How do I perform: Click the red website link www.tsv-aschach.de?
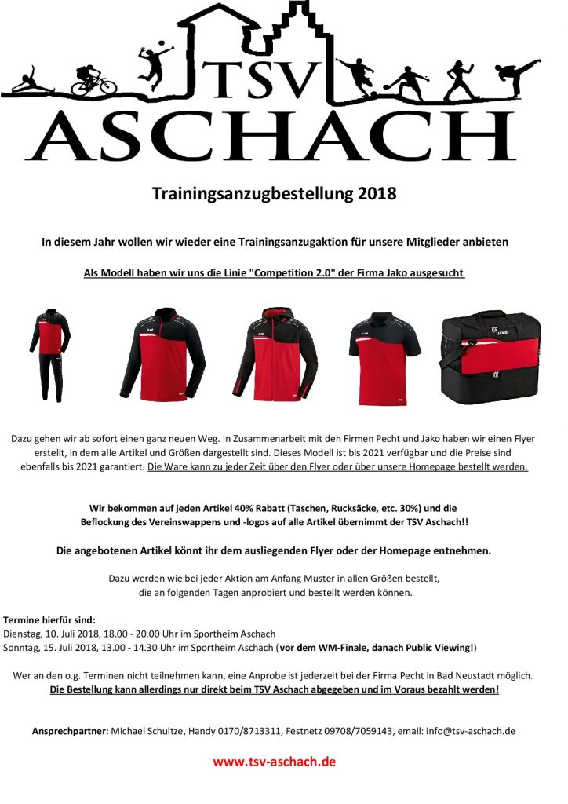coord(275,762)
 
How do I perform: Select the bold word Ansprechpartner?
coord(70,731)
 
